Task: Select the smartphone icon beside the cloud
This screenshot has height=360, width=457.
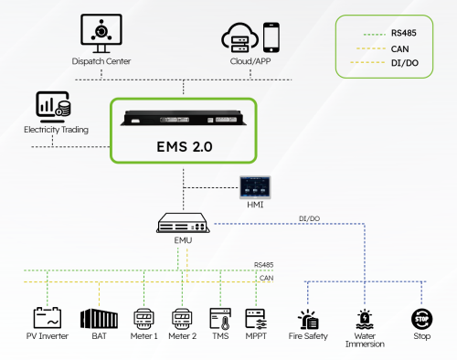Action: point(271,37)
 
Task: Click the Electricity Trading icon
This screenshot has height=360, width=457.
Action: point(54,105)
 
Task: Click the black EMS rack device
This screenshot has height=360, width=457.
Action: point(183,117)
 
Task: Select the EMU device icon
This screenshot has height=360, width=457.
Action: point(183,222)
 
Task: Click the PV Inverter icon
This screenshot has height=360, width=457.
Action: point(47,318)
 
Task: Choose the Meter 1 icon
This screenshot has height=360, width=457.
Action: point(144,318)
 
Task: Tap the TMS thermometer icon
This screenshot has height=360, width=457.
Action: point(220,318)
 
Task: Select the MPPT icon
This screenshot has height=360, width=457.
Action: point(256,318)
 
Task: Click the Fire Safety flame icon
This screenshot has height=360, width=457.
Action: point(307,319)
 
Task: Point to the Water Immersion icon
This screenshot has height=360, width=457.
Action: point(365,319)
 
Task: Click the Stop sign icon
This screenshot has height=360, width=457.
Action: point(421,319)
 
